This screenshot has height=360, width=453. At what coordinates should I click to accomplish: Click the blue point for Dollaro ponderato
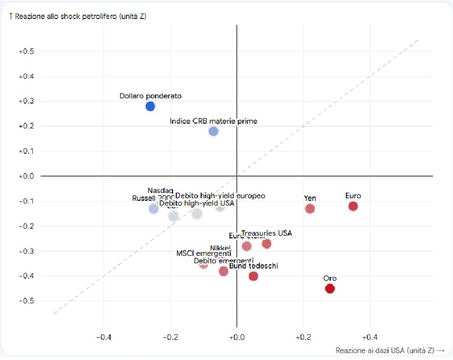(x=150, y=106)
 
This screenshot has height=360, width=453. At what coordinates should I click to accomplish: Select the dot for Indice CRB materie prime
(x=213, y=131)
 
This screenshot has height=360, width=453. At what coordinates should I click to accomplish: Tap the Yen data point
(x=310, y=208)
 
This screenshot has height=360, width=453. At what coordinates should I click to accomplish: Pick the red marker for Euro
(x=353, y=206)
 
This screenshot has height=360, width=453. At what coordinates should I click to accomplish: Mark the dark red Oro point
(x=330, y=288)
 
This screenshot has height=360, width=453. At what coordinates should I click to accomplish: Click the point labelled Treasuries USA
(x=267, y=244)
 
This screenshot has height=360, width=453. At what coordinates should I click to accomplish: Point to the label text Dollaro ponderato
(x=150, y=96)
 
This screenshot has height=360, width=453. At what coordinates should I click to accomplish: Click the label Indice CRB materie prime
(x=213, y=121)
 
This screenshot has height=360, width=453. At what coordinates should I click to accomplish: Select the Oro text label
(x=330, y=278)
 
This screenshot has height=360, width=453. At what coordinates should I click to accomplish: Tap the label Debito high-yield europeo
(x=220, y=196)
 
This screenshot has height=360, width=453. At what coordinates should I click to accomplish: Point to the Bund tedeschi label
(x=253, y=266)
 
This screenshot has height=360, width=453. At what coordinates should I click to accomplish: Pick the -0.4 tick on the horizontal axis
(x=104, y=337)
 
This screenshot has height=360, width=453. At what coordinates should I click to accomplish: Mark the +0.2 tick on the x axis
(x=303, y=337)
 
